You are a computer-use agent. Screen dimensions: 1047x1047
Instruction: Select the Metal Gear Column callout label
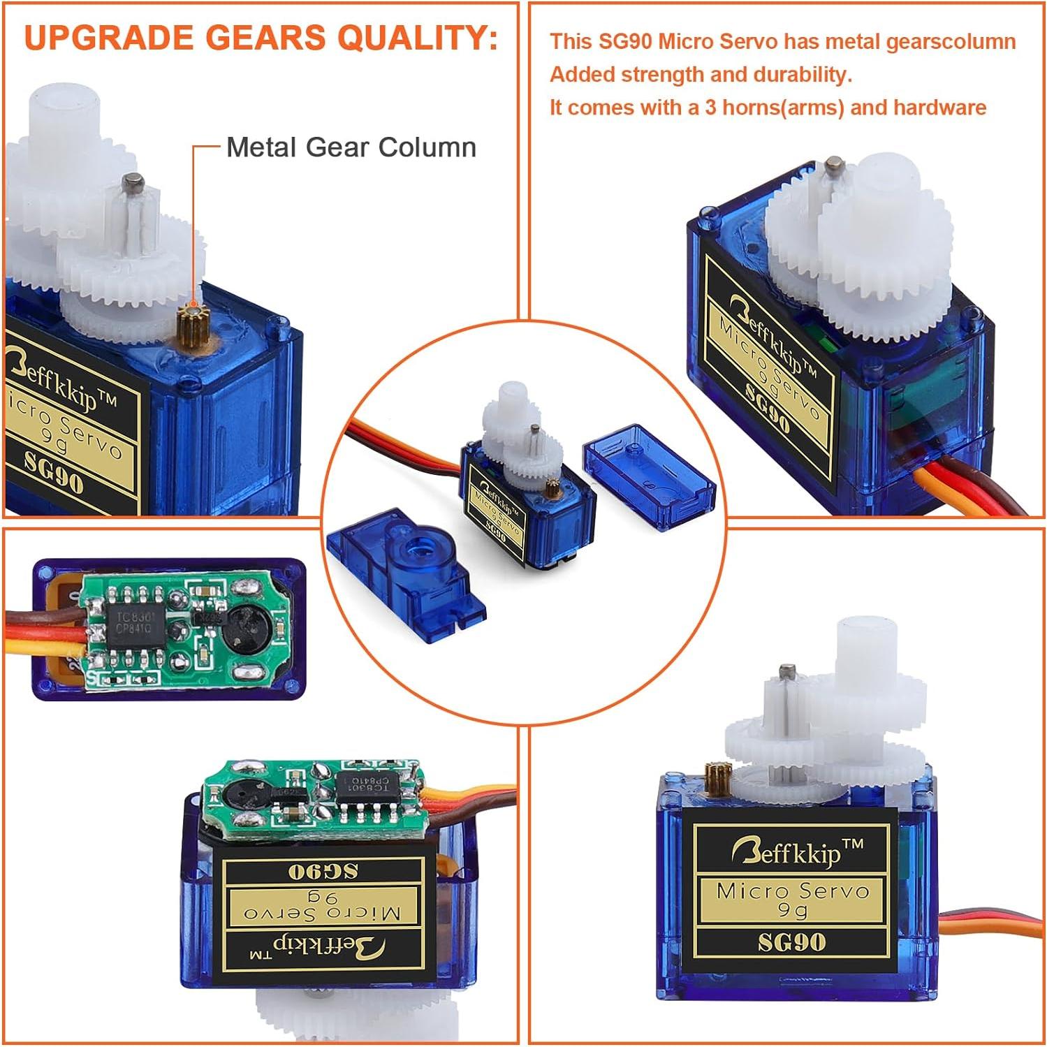(351, 147)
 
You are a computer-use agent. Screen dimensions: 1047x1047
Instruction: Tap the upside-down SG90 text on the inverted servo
(323, 871)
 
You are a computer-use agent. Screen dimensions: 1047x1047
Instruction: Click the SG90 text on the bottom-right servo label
(791, 942)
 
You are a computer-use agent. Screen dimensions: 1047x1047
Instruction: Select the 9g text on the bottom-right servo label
(792, 910)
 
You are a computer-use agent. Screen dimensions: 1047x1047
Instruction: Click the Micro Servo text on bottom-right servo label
(792, 891)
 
